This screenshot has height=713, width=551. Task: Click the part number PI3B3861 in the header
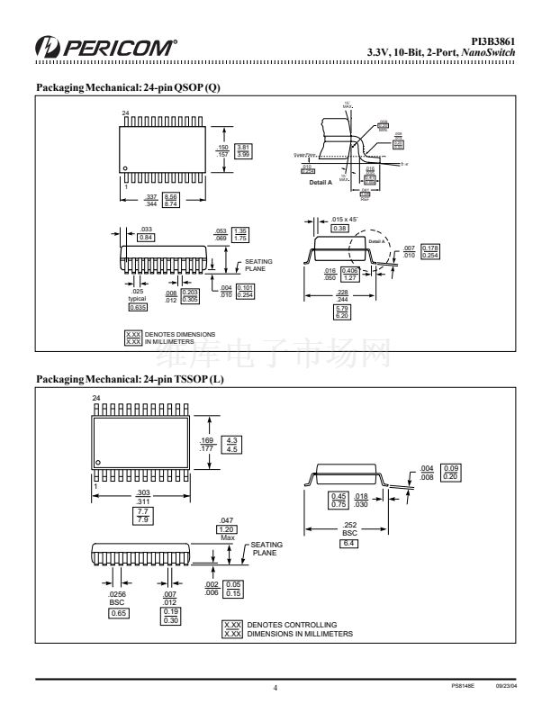pos(494,40)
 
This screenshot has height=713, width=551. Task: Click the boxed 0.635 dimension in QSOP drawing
pos(138,308)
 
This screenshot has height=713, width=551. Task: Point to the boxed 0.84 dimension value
pos(146,237)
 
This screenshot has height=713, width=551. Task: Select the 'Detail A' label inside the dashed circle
pos(377,239)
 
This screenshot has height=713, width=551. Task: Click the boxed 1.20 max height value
pos(228,530)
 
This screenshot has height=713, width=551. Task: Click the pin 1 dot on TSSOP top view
pos(98,462)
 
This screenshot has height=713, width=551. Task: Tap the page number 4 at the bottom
pos(275,687)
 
